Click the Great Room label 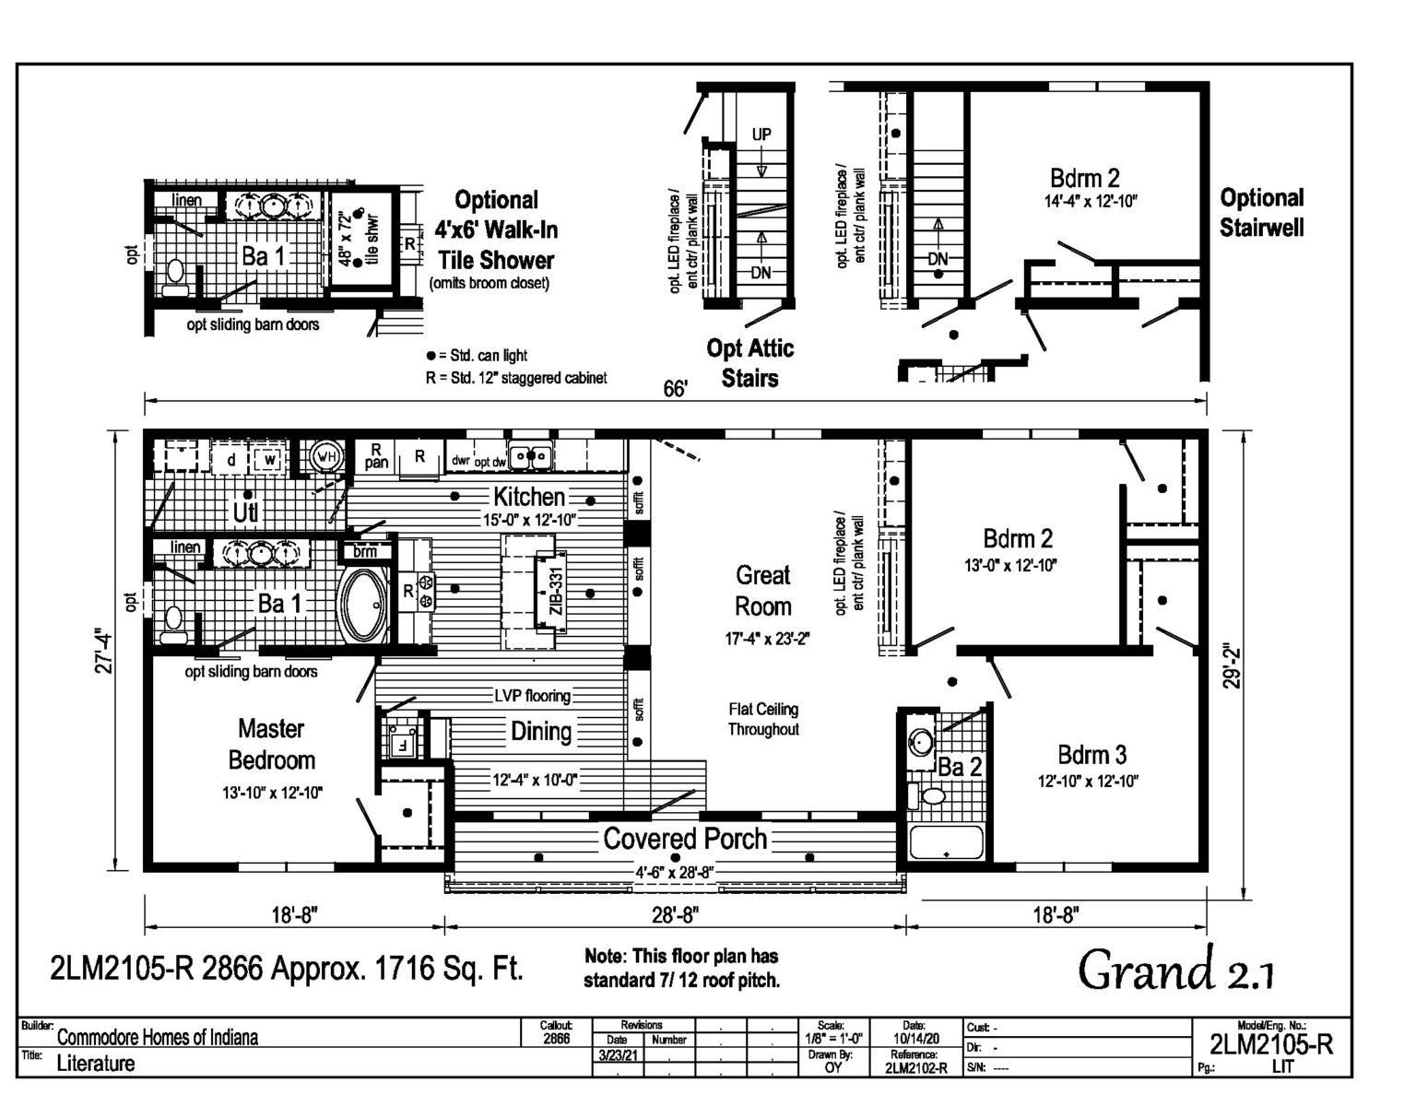[762, 591]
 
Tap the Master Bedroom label [271, 745]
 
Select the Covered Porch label [685, 839]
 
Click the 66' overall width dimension [675, 389]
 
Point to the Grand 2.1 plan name [1176, 970]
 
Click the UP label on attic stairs [761, 135]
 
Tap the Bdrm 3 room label [1091, 755]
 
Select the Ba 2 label [960, 767]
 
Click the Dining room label [541, 732]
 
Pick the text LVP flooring [532, 696]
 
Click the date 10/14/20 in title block [914, 1038]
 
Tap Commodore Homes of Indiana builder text [158, 1038]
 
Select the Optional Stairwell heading [1261, 212]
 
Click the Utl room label [244, 511]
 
